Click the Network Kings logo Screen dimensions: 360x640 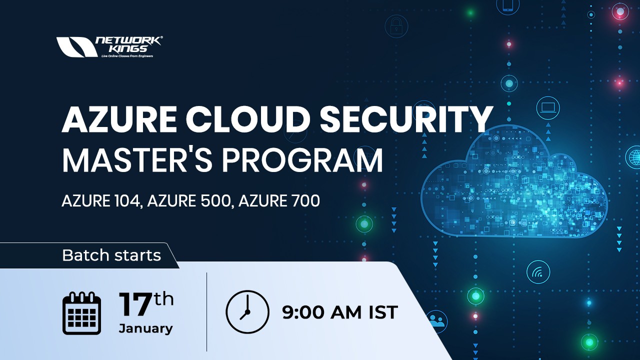pyautogui.click(x=109, y=46)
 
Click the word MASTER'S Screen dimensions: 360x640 pyautogui.click(x=137, y=160)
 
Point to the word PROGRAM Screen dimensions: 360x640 pyautogui.click(x=302, y=160)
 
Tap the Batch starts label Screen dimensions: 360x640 pyautogui.click(x=111, y=255)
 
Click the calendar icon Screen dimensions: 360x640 pyautogui.click(x=81, y=313)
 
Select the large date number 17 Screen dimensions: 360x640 pyautogui.click(x=135, y=305)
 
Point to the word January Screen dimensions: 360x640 pyautogui.click(x=145, y=328)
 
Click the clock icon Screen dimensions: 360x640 pyautogui.click(x=247, y=312)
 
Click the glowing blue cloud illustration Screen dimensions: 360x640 pyautogui.click(x=515, y=185)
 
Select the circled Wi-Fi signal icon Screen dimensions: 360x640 pyautogui.click(x=538, y=272)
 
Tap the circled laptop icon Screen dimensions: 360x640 pyautogui.click(x=548, y=108)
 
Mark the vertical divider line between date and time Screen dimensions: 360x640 pyautogui.click(x=206, y=312)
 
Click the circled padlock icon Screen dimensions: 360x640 pyautogui.click(x=396, y=26)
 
